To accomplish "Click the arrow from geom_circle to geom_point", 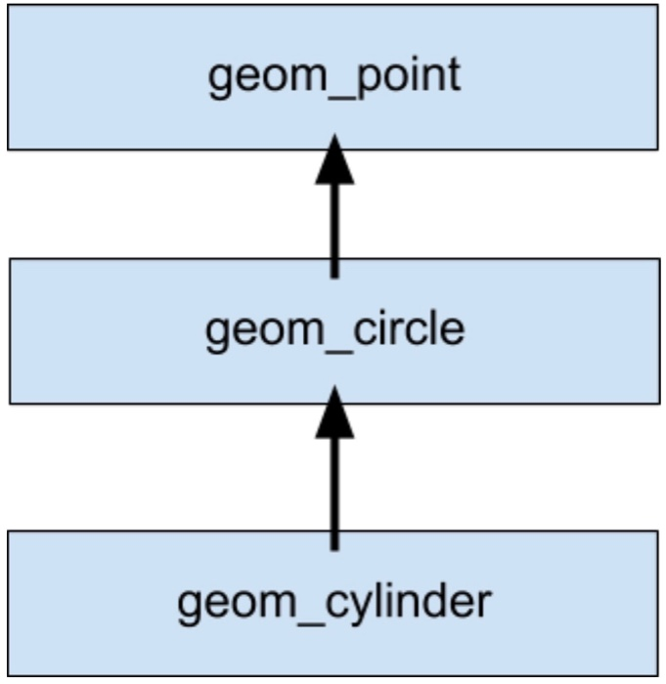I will coord(334,225).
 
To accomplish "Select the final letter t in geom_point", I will coord(453,75).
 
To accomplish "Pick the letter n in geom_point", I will coord(430,77).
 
